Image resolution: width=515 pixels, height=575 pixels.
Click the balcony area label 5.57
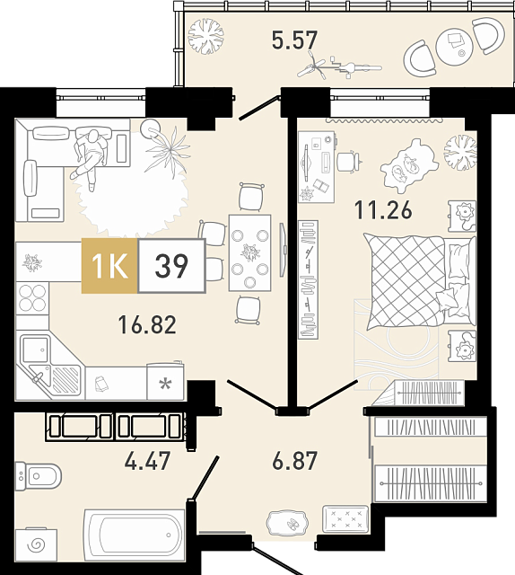click(x=294, y=40)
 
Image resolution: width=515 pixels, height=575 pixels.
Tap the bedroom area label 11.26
click(x=383, y=210)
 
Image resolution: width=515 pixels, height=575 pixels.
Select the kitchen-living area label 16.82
click(x=147, y=325)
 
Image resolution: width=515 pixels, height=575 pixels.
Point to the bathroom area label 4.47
click(x=147, y=461)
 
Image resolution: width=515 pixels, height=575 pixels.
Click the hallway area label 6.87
click(x=294, y=461)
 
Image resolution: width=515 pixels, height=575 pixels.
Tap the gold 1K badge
click(x=109, y=266)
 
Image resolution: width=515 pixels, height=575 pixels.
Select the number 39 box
click(x=171, y=266)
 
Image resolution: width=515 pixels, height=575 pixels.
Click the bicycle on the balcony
click(x=339, y=66)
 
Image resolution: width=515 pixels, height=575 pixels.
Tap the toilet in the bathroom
click(x=38, y=476)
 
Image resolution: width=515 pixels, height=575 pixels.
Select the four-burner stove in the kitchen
click(x=32, y=298)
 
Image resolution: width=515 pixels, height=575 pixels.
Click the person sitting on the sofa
click(x=90, y=158)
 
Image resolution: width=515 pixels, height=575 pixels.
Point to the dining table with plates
click(x=249, y=253)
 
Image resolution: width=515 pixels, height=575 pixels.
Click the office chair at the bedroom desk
click(x=349, y=162)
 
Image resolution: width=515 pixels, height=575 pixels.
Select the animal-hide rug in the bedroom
click(x=409, y=165)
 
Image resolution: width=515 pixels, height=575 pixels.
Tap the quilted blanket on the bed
click(x=406, y=281)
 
